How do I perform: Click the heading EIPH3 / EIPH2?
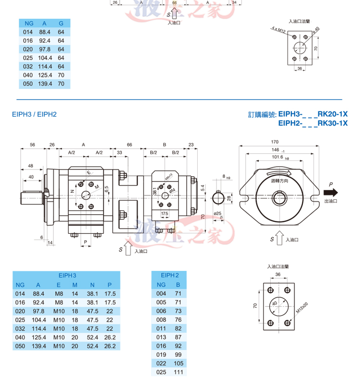pyautogui.click(x=35, y=114)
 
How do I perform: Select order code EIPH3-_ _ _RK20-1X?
pyautogui.click(x=312, y=114)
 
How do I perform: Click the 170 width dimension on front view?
pyautogui.click(x=275, y=142)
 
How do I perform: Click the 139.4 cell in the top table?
pyautogui.click(x=45, y=84)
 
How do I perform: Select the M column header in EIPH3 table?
pyautogui.click(x=75, y=285)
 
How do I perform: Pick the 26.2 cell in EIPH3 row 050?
pyautogui.click(x=110, y=346)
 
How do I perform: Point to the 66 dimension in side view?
pyautogui.click(x=130, y=144)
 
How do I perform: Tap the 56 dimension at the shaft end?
pyautogui.click(x=33, y=144)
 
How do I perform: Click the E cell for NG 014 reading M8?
pyautogui.click(x=59, y=293)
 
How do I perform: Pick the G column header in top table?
pyautogui.click(x=61, y=23)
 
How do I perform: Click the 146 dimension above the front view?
pyautogui.click(x=274, y=150)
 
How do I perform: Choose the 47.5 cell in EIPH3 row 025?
pyautogui.click(x=93, y=319)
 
